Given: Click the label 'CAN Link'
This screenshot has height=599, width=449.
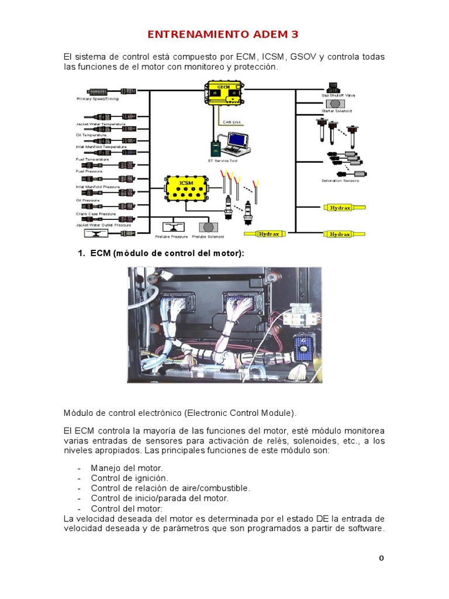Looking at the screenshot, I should (232, 122).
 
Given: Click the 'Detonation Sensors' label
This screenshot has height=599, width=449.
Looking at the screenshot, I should (340, 181).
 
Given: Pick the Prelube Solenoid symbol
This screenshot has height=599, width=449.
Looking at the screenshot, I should (207, 226).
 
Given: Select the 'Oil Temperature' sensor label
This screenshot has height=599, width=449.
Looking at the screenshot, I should (91, 135).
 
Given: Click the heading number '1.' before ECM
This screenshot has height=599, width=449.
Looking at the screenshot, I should (82, 253).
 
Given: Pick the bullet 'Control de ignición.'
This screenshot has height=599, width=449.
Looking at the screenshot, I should (129, 478).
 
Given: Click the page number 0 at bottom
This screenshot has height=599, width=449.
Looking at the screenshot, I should (381, 558).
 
